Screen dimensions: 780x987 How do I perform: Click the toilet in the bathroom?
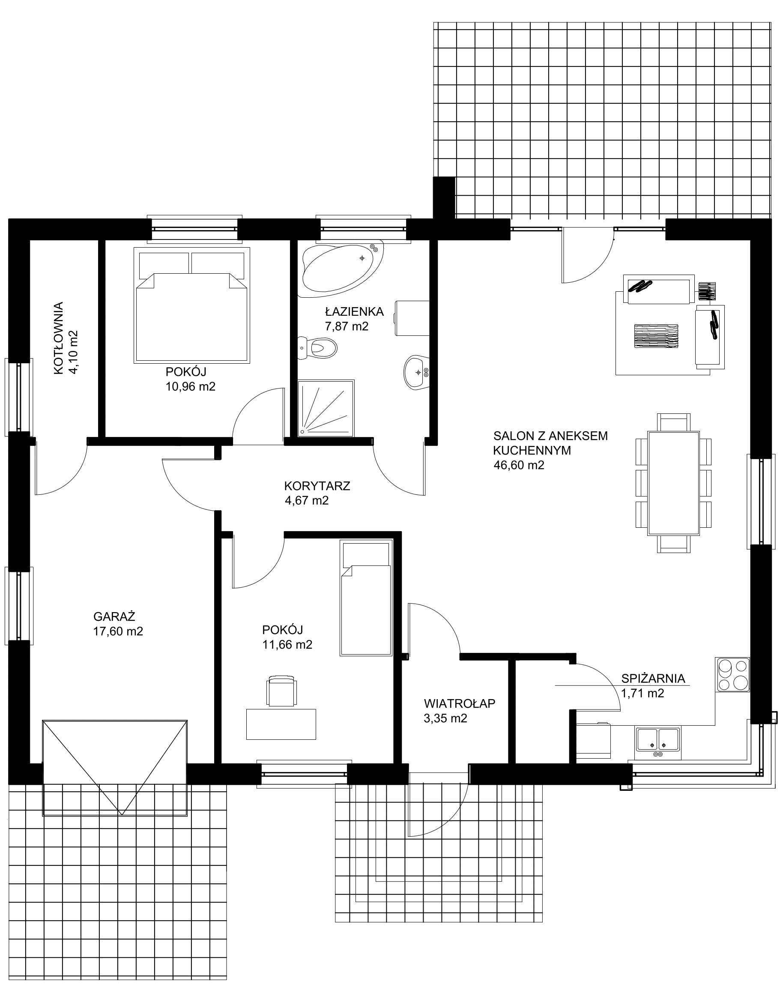coord(317,348)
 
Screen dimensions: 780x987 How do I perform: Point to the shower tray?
coord(326,408)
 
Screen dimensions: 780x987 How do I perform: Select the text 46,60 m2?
coord(519,465)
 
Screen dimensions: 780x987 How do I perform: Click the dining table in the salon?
coord(674,483)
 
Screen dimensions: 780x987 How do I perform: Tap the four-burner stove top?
coord(733,675)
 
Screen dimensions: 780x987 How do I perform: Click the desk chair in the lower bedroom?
coord(281,691)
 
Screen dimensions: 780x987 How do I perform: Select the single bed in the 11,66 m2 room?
coord(366,598)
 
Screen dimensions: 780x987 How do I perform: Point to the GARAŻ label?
coord(114,616)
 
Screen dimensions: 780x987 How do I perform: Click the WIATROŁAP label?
coord(460,704)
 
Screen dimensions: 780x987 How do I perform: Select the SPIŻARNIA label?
coord(653,679)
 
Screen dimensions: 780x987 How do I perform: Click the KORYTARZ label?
coord(317,486)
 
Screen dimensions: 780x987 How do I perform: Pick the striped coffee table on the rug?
coord(656,336)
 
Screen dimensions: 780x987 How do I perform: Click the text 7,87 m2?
coord(347,326)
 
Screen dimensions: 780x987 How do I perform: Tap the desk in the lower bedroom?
coord(281,724)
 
